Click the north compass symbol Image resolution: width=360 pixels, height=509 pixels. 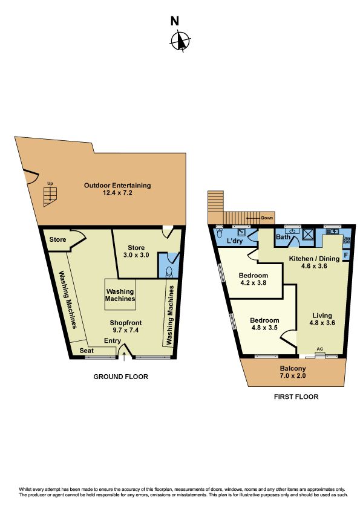point(180,41)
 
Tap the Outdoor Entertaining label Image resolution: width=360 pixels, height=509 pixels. point(117,186)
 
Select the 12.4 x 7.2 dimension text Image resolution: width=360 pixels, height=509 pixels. point(117,193)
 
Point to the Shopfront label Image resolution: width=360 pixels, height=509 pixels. point(126,323)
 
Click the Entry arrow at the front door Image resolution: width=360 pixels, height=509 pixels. point(124,356)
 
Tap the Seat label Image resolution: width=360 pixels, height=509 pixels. point(87,351)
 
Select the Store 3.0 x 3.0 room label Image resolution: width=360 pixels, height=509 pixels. point(136,251)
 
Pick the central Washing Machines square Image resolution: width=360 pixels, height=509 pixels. point(120,295)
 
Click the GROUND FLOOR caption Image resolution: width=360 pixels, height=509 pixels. point(120,377)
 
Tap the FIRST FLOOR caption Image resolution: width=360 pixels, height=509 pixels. point(296,397)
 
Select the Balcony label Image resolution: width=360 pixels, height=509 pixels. point(293,368)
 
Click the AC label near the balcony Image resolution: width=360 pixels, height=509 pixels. point(319,349)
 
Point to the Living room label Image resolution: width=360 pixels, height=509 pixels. point(322,315)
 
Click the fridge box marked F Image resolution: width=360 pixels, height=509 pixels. point(345,255)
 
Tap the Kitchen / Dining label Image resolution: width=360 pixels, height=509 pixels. point(314,259)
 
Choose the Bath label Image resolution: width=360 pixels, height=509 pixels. point(283,237)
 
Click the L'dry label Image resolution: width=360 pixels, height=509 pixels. point(235,241)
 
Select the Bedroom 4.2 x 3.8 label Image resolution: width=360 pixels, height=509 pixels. point(253,279)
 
